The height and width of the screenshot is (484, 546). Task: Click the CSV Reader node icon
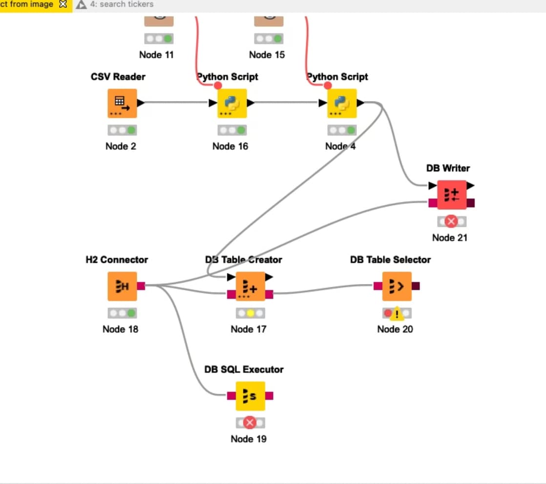pyautogui.click(x=122, y=103)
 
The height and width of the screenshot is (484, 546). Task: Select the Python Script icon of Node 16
pyautogui.click(x=232, y=103)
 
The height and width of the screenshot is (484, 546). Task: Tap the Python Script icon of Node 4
pyautogui.click(x=342, y=103)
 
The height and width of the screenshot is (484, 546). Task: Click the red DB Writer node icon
pyautogui.click(x=452, y=195)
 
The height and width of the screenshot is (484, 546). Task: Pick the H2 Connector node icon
pyautogui.click(x=122, y=286)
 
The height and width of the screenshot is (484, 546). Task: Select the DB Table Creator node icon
pyautogui.click(x=250, y=286)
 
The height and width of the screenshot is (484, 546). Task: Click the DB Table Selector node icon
pyautogui.click(x=397, y=286)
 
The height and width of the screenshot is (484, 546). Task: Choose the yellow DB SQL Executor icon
pyautogui.click(x=250, y=396)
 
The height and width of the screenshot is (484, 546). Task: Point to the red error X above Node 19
pyautogui.click(x=250, y=423)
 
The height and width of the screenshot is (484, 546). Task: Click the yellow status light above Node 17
pyautogui.click(x=250, y=313)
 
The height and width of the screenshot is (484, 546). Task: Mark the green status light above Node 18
pyautogui.click(x=131, y=313)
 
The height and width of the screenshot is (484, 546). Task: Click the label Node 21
pyautogui.click(x=450, y=238)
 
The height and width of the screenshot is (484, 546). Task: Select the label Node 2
pyautogui.click(x=121, y=146)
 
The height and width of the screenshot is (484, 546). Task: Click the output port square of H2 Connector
pyautogui.click(x=141, y=286)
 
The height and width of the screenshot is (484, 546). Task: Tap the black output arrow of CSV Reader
pyautogui.click(x=141, y=103)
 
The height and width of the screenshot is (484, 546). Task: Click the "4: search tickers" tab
pyautogui.click(x=121, y=4)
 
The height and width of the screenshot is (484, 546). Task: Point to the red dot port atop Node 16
pyautogui.click(x=218, y=85)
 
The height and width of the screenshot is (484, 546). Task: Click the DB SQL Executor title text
pyautogui.click(x=244, y=369)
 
